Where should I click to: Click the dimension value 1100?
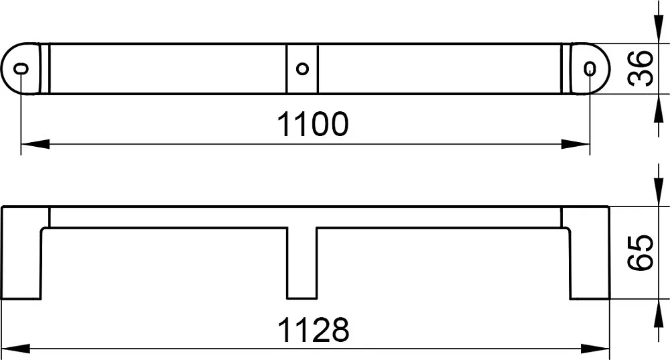(313, 125)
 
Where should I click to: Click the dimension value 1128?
(313, 330)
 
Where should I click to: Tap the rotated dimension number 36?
(641, 68)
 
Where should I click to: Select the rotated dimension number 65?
(641, 253)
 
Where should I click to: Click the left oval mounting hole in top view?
(21, 68)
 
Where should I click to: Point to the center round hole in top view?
(302, 68)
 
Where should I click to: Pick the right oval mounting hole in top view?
(590, 68)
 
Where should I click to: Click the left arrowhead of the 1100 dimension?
(35, 144)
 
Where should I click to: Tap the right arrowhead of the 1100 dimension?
(576, 144)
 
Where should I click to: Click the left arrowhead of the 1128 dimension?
(16, 349)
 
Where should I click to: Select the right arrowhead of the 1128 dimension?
(595, 349)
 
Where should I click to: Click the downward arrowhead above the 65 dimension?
(658, 192)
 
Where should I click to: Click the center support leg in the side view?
(302, 263)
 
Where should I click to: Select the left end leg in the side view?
(21, 253)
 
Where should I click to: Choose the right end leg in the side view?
(589, 253)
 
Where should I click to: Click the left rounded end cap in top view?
(21, 68)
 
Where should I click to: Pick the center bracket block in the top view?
(302, 68)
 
